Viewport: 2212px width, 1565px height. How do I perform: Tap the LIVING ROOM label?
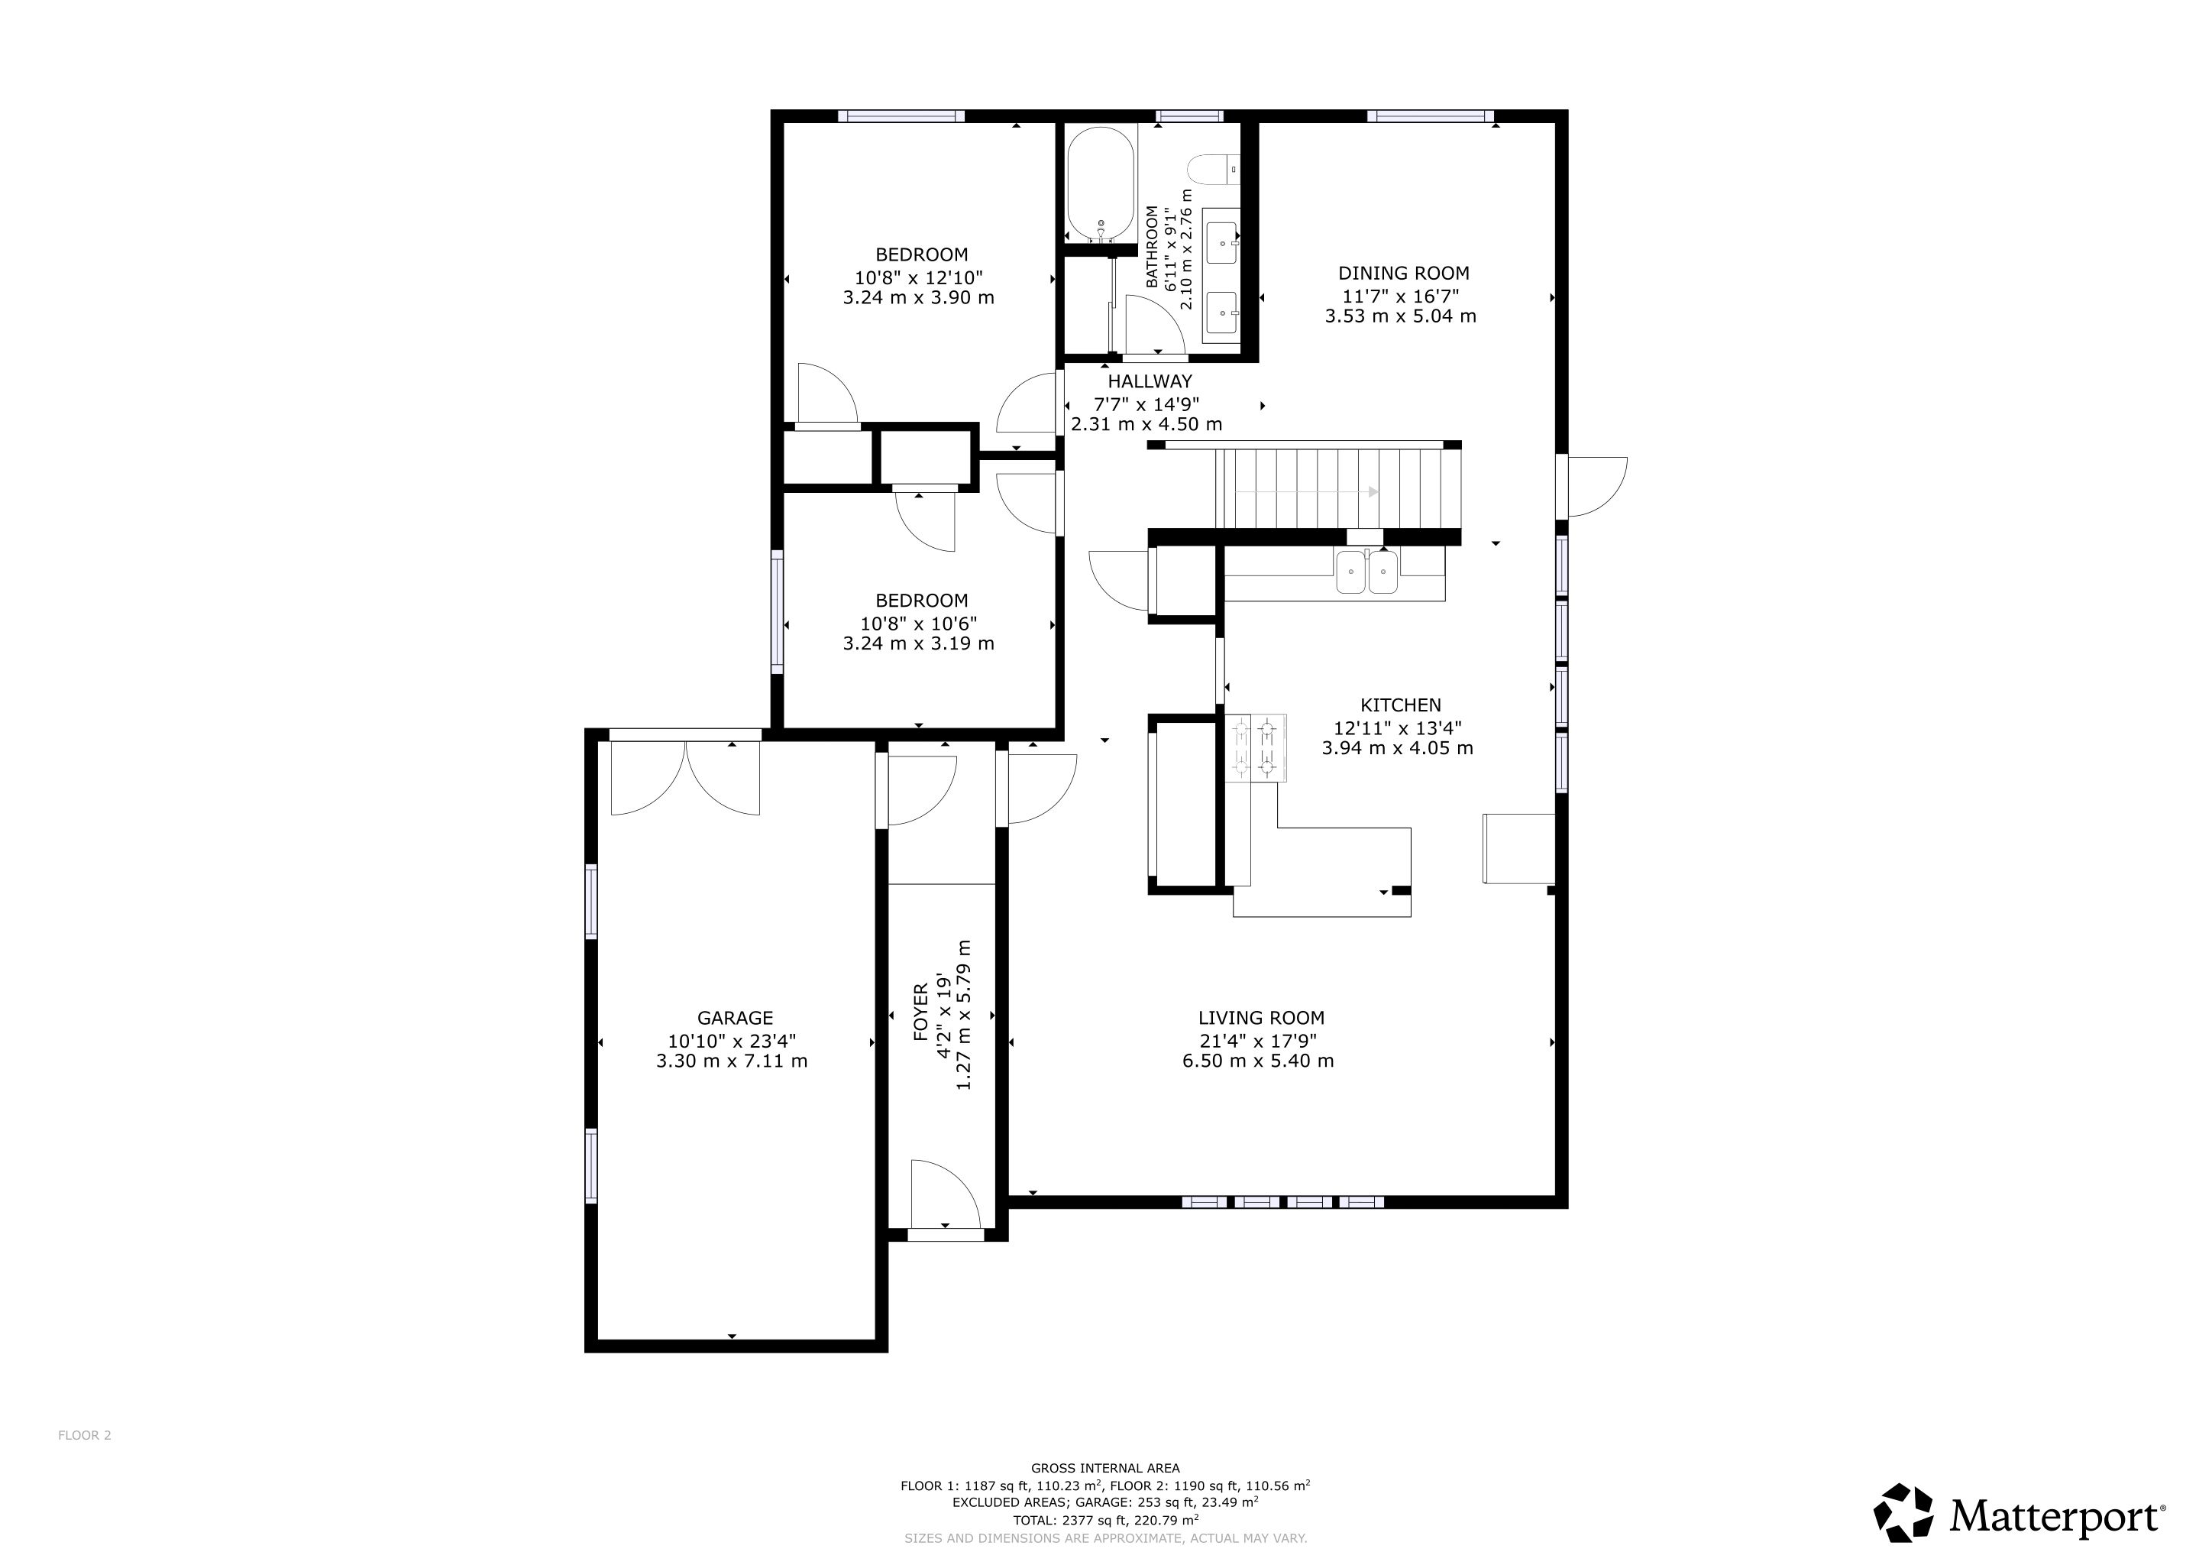tap(1261, 1018)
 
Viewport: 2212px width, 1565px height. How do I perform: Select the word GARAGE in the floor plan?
tap(735, 1018)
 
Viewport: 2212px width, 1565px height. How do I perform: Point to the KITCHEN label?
tap(1401, 705)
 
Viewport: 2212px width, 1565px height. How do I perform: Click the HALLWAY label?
tap(1150, 381)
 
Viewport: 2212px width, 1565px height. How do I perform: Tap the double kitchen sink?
tap(1367, 572)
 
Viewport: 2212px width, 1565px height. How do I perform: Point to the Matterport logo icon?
tap(1903, 1512)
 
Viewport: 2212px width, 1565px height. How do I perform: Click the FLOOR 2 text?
tap(85, 1435)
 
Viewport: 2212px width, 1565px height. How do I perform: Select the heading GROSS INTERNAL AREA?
tap(1105, 1469)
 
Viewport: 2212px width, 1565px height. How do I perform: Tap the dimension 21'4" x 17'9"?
tap(1258, 1040)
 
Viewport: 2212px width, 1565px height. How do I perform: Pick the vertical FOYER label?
tap(921, 1012)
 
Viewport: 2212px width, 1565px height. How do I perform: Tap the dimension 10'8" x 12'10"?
tap(918, 277)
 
